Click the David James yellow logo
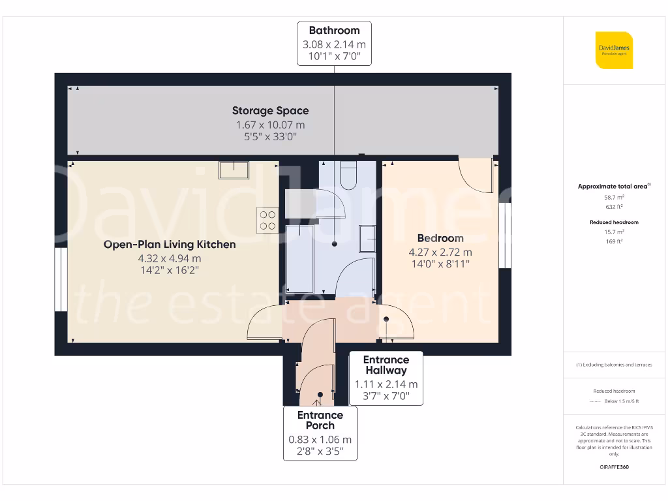[614, 50]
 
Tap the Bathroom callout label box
[334, 44]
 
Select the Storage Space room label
[270, 111]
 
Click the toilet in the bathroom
[348, 175]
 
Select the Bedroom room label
[440, 238]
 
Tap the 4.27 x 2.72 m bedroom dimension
[440, 252]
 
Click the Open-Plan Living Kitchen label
[170, 245]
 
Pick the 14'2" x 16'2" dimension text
[170, 269]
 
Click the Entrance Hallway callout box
[386, 378]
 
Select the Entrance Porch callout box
[320, 433]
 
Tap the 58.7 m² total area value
[613, 196]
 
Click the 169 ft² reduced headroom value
[613, 241]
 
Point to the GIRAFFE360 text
[613, 467]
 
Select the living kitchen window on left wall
[59, 279]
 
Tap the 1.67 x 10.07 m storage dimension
[270, 125]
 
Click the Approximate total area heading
[613, 186]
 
